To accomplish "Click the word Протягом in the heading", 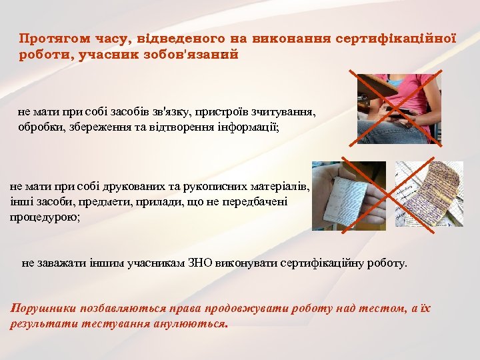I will (49, 38).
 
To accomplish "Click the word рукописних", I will (205, 187).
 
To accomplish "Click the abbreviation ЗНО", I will (186, 263).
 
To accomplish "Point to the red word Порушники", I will (43, 308).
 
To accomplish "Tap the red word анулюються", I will (193, 325).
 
